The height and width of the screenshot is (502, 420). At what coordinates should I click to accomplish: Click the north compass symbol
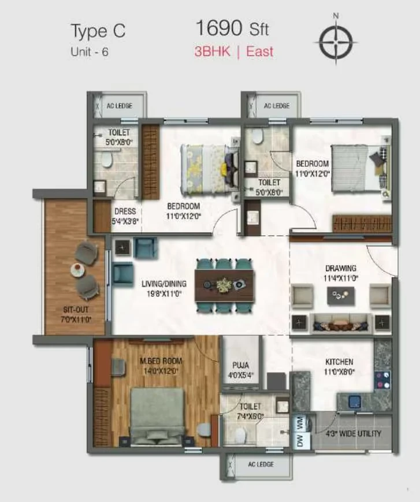click(x=336, y=40)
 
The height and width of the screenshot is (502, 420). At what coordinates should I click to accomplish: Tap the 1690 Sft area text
click(x=232, y=28)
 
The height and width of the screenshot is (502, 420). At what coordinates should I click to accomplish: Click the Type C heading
click(x=98, y=31)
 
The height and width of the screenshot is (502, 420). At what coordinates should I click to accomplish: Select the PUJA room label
click(x=240, y=365)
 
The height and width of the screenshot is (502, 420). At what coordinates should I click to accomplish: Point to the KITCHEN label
click(x=339, y=362)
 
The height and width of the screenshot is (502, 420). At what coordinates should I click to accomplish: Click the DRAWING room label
click(x=341, y=268)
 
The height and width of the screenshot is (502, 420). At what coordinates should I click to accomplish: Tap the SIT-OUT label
click(x=76, y=310)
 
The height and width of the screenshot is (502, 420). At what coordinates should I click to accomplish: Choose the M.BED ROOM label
click(x=161, y=362)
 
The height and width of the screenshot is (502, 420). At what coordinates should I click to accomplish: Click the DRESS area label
click(x=125, y=211)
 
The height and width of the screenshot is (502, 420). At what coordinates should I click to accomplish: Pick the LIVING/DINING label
click(x=164, y=284)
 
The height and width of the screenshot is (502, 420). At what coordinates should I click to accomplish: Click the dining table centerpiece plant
click(x=224, y=285)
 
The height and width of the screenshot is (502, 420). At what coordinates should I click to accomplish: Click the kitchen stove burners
click(x=382, y=380)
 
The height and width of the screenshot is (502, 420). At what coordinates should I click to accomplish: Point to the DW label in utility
click(x=299, y=441)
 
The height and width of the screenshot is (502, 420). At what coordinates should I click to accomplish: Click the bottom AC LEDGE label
click(x=261, y=464)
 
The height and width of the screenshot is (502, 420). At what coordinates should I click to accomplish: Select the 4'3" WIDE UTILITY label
click(x=354, y=434)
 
